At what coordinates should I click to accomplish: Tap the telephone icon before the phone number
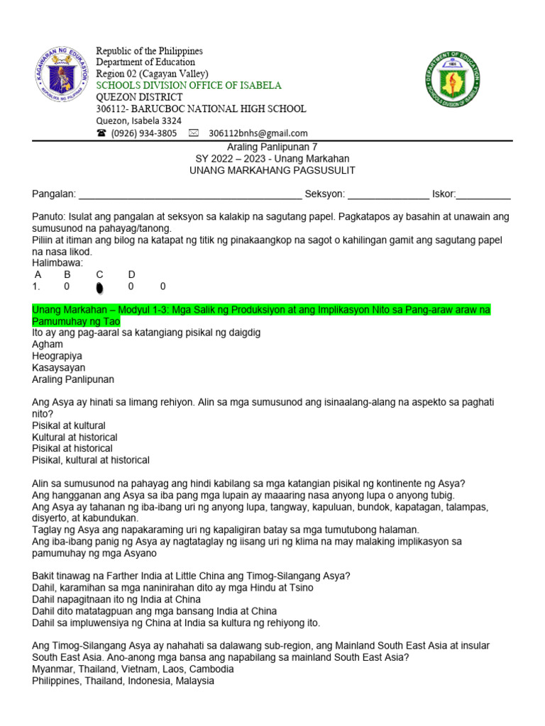tap(101, 133)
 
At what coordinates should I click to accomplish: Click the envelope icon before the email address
tap(193, 133)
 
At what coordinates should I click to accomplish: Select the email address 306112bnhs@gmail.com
tap(258, 133)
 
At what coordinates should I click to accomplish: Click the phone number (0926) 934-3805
tap(144, 133)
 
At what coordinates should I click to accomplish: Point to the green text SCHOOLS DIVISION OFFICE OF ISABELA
tap(189, 86)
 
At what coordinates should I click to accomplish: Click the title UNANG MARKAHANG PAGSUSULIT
tap(272, 170)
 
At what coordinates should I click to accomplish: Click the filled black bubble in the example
tap(99, 287)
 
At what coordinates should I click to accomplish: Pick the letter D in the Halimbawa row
tap(131, 274)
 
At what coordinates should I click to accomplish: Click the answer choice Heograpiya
tap(58, 356)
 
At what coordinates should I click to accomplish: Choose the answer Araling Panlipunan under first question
tap(73, 379)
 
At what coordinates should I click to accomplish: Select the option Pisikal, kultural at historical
tap(91, 459)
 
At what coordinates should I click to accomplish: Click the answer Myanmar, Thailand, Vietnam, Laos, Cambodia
tap(133, 669)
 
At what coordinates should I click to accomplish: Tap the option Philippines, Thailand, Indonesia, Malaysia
tap(123, 681)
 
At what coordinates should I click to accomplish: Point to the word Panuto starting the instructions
tap(48, 216)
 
